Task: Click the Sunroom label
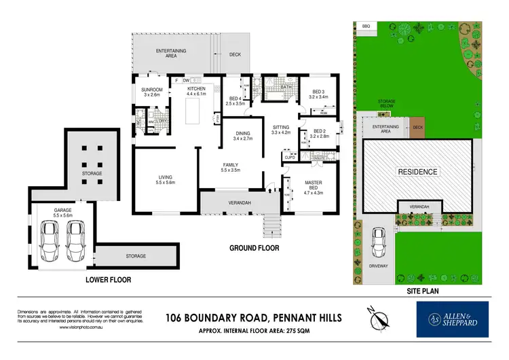pos(152,92)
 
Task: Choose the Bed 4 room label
pos(234,100)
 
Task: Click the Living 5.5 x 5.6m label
pos(165,179)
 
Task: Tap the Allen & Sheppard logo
pos(452,319)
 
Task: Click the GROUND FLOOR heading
pos(254,248)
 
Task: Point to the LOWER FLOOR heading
pos(108,279)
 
